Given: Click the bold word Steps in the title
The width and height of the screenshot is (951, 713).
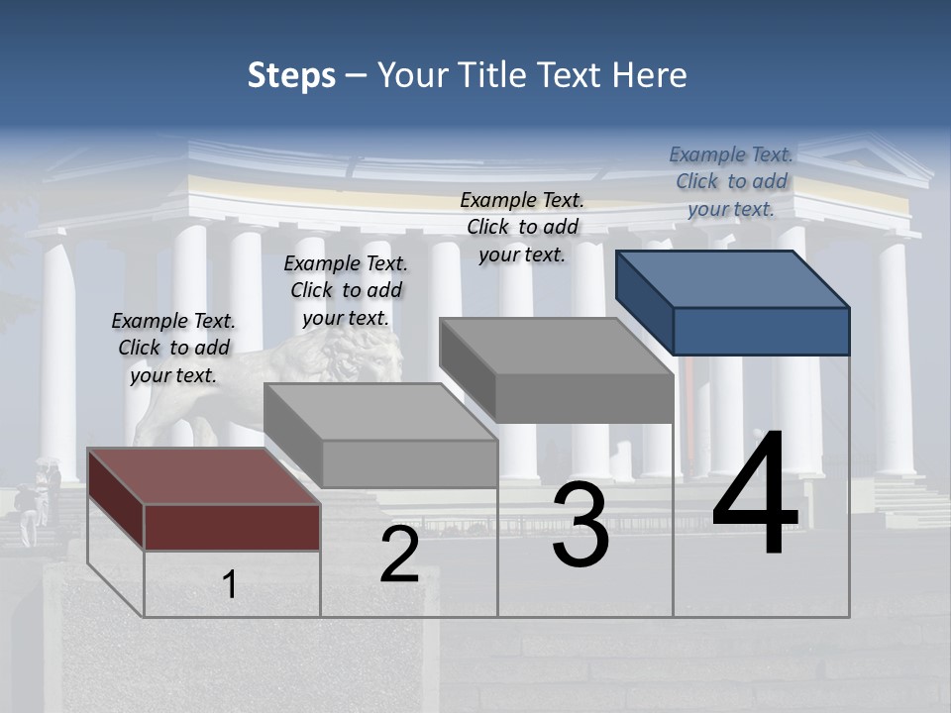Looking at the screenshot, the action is coord(291,75).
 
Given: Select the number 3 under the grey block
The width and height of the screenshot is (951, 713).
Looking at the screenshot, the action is coord(581,525).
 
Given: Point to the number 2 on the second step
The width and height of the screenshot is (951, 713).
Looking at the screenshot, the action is coord(399,556).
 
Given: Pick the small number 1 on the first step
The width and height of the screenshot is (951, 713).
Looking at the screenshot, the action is coord(230,584).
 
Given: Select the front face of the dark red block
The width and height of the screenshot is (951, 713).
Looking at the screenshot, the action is coord(232,527).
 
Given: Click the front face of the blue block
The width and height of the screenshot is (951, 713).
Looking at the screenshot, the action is coord(761,331).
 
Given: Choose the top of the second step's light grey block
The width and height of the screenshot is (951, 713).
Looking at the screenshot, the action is coord(380,411).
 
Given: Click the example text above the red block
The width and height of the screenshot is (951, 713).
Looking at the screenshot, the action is coord(173,349).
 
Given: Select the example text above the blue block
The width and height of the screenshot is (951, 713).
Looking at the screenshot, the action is coord(731,182).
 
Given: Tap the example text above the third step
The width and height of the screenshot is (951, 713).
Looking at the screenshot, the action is coord(522,227).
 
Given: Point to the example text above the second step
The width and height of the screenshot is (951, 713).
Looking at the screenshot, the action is coord(346,290).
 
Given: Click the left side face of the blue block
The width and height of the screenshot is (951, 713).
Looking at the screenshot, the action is coord(644,301).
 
